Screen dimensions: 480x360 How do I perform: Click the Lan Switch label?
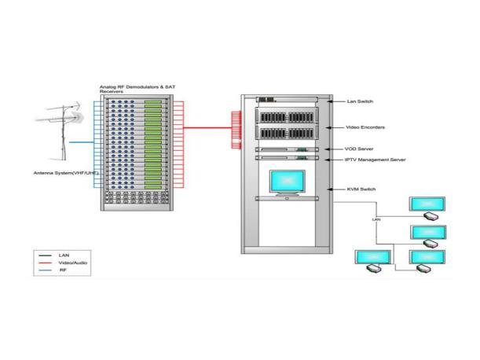[360, 101]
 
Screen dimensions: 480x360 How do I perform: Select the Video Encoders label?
[365, 127]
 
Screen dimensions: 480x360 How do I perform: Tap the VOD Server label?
[359, 149]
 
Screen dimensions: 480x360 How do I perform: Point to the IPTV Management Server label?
[375, 160]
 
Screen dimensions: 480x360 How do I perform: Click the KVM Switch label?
[361, 189]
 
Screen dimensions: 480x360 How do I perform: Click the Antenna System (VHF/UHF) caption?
[66, 173]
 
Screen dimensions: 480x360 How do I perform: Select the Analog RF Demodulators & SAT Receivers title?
[137, 89]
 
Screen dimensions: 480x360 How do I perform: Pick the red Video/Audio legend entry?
[72, 263]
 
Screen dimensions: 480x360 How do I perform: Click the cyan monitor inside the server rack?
[288, 183]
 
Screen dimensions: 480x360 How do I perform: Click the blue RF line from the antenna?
[82, 142]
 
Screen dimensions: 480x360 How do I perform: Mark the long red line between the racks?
[207, 127]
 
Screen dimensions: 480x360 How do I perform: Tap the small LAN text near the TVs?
[376, 219]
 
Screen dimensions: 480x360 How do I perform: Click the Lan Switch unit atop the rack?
[287, 100]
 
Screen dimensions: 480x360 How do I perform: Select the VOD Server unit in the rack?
[287, 149]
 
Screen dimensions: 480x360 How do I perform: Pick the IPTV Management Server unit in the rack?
[287, 158]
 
